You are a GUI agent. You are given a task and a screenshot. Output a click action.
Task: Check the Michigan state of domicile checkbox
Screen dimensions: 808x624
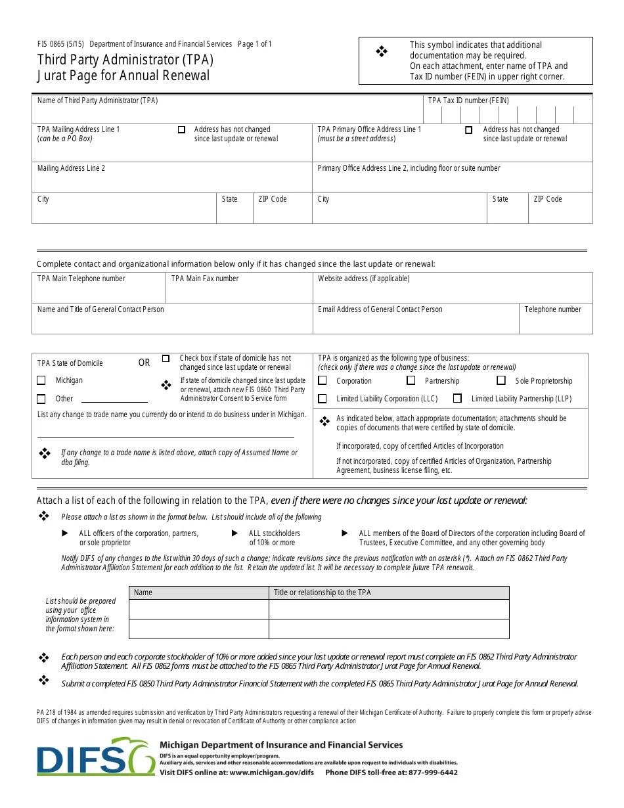tap(41, 380)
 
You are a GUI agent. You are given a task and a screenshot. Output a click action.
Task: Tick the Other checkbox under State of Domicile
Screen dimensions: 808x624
tap(41, 399)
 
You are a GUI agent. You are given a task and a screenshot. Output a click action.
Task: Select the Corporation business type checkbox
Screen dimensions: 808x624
tap(323, 380)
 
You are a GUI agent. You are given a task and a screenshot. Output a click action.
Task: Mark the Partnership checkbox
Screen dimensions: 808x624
tap(411, 380)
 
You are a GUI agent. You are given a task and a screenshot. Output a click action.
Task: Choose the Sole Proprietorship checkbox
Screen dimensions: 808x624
tap(501, 380)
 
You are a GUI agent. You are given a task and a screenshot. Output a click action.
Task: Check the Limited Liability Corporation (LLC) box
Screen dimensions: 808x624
tap(323, 399)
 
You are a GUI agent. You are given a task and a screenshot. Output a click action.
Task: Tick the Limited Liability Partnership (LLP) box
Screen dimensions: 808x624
tap(458, 399)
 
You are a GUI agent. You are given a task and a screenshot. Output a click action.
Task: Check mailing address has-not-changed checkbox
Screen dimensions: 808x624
tap(181, 130)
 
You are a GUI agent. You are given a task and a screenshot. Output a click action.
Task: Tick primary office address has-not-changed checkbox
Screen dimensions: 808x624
tap(468, 130)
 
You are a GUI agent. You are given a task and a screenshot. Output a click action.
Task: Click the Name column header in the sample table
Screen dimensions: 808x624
tap(143, 593)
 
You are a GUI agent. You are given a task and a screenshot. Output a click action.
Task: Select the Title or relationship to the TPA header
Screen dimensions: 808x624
tap(322, 593)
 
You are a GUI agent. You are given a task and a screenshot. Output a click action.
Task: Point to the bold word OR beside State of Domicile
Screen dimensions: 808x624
tap(144, 363)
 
